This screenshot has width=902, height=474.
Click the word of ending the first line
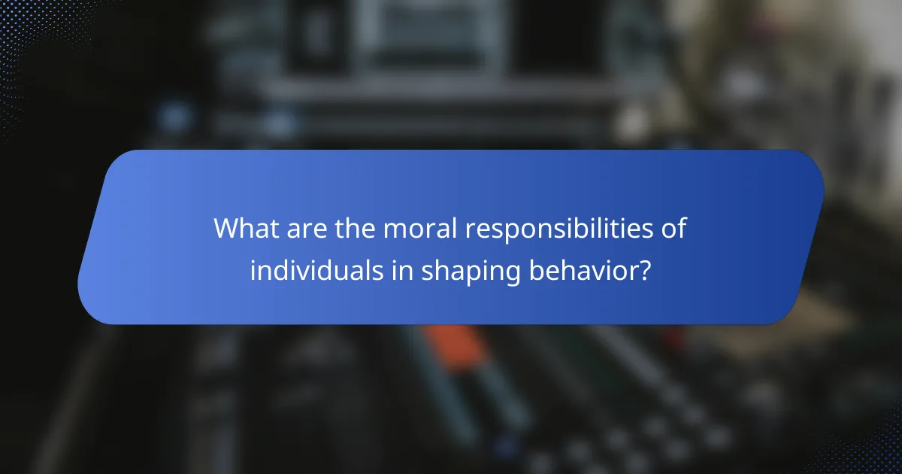tap(674, 229)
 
